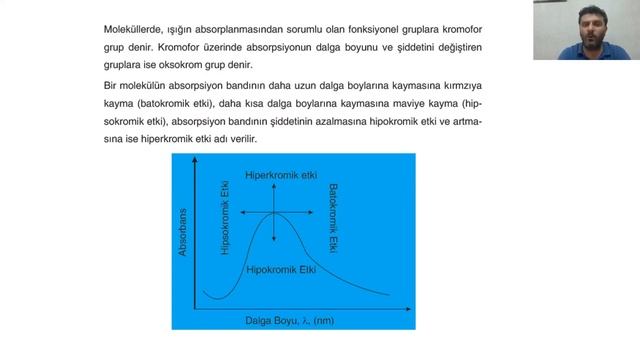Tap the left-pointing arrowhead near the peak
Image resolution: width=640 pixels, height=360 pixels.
245,213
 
